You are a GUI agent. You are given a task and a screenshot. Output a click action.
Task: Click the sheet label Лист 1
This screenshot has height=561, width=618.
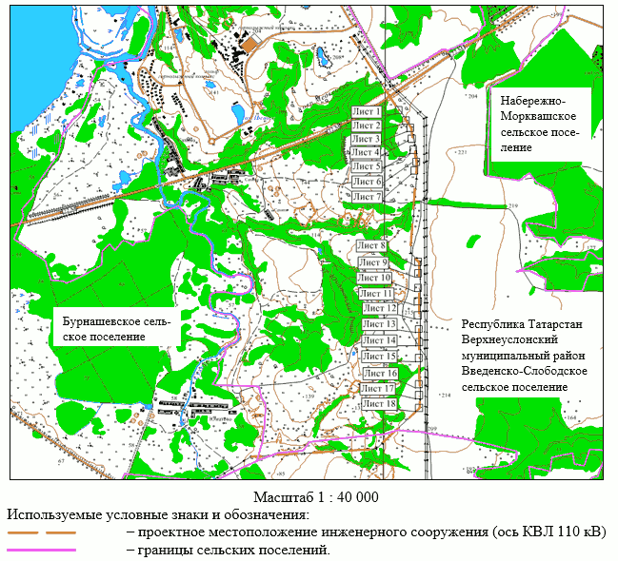pyautogui.click(x=367, y=111)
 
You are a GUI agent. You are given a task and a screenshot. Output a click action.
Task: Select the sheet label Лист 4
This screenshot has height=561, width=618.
pyautogui.click(x=366, y=152)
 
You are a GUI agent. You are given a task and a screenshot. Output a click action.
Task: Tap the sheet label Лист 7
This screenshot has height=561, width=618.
pyautogui.click(x=367, y=197)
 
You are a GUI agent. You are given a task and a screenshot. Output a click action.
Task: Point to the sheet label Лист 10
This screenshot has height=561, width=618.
pyautogui.click(x=374, y=278)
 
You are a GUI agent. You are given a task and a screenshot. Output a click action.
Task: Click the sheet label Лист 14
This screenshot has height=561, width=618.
pyautogui.click(x=379, y=340)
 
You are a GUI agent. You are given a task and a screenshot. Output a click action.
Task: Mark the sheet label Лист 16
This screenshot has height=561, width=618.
pyautogui.click(x=379, y=373)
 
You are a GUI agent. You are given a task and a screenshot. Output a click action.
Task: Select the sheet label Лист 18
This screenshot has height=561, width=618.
pyautogui.click(x=378, y=404)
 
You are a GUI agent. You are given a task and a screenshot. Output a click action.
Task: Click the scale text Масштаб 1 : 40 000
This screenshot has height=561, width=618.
pyautogui.click(x=317, y=497)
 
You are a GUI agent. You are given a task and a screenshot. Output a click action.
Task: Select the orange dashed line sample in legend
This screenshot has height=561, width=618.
pyautogui.click(x=41, y=532)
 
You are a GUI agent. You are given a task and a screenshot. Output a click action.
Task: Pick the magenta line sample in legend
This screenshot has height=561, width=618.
pyautogui.click(x=41, y=550)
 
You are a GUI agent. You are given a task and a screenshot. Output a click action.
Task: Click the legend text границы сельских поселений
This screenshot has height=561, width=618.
pyautogui.click(x=234, y=550)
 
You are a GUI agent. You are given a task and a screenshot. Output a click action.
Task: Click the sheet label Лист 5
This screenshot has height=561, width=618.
pyautogui.click(x=367, y=166)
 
